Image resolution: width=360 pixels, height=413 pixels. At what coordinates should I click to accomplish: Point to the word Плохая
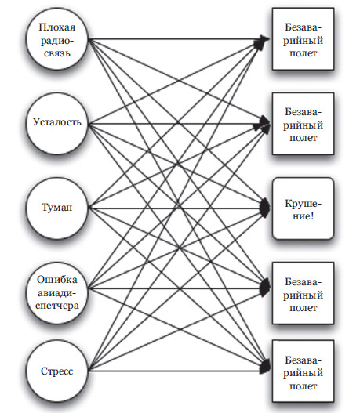[57, 27]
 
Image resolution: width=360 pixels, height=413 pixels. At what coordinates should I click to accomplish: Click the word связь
[57, 53]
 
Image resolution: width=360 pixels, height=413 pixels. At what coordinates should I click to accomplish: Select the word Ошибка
[57, 280]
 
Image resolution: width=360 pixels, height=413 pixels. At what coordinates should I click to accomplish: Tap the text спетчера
[57, 306]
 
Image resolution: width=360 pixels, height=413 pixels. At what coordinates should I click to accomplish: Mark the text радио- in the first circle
[57, 41]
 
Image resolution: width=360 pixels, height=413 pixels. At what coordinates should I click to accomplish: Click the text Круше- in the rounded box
[303, 203]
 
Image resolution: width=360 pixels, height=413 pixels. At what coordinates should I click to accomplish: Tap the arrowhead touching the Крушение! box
[264, 208]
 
